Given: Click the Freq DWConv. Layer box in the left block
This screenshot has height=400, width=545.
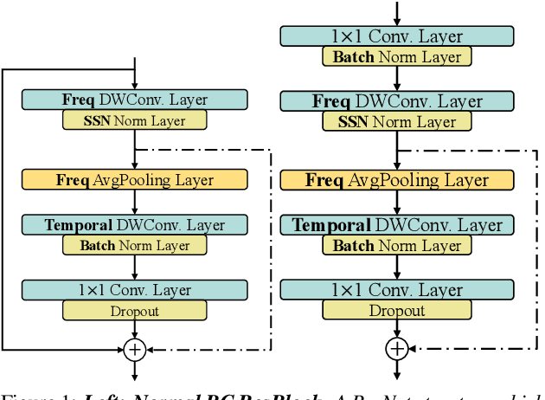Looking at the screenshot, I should click(x=134, y=99).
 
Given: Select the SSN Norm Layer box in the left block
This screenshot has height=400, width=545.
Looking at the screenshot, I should click(x=134, y=121).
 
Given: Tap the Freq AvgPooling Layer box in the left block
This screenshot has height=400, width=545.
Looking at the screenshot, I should click(x=134, y=180).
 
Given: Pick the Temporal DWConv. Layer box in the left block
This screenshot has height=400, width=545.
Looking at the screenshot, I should click(x=134, y=225).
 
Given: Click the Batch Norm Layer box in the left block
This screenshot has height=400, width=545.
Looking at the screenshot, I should click(x=134, y=246).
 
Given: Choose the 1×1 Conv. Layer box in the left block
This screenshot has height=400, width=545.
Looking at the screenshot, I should click(x=134, y=290).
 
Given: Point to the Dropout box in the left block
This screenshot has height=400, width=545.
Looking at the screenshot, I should click(x=134, y=311).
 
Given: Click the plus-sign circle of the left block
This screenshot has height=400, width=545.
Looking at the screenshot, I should click(x=134, y=349).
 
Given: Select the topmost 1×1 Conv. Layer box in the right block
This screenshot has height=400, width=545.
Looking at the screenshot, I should click(x=396, y=36).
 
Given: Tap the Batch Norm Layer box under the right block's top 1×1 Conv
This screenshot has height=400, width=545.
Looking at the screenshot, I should click(x=396, y=57).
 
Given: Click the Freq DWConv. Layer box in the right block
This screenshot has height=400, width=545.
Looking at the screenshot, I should click(x=396, y=101).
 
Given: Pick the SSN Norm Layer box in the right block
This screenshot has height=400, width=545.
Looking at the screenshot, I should click(x=396, y=122).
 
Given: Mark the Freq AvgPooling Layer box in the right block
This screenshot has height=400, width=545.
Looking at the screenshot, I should click(x=396, y=180).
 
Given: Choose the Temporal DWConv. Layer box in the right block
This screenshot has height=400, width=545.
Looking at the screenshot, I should click(x=396, y=225).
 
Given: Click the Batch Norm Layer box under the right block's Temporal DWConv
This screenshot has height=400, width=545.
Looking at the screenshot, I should click(x=396, y=246).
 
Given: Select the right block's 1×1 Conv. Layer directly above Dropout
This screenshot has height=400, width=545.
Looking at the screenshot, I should click(x=396, y=290).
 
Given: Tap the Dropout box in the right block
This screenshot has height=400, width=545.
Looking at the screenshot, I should click(x=396, y=311).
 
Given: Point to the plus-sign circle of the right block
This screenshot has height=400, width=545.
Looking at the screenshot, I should click(x=396, y=349).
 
